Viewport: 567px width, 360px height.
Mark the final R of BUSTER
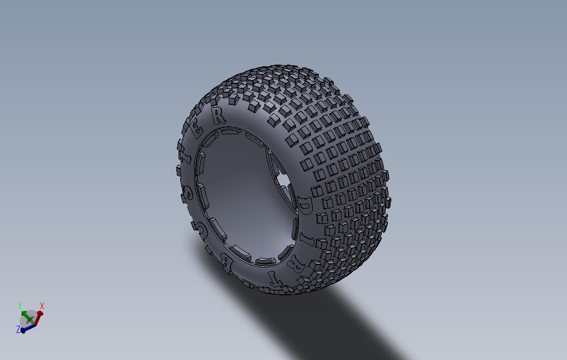pos(219,115)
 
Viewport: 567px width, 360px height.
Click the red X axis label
pos(42,306)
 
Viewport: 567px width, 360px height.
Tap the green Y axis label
pos(20,305)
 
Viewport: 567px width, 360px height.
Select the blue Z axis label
pos(18,329)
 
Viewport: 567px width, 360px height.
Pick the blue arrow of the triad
pos(28,326)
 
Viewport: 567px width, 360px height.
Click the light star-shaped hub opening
pos(282,181)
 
